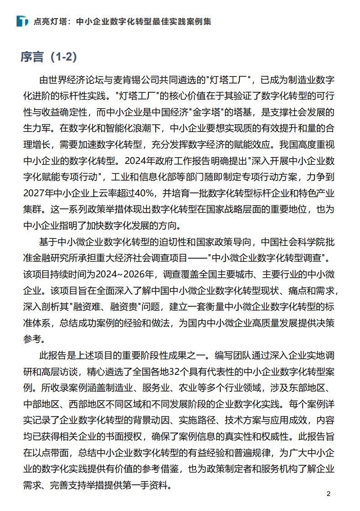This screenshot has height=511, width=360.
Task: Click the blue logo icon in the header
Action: [22, 21]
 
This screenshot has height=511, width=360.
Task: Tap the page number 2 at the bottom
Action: [329, 494]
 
